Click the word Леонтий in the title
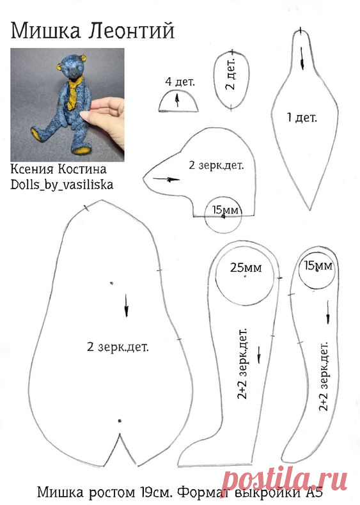[x=131, y=31]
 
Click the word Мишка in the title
[x=45, y=31]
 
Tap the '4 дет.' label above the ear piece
[x=180, y=81]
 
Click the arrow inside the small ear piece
[x=177, y=100]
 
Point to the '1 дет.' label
[x=302, y=117]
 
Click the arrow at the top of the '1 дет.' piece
[x=302, y=58]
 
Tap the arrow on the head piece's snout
[x=166, y=180]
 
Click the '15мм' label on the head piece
[x=225, y=210]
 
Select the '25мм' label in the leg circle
[x=246, y=267]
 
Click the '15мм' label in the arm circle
[x=318, y=265]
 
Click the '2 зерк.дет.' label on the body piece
[x=118, y=347]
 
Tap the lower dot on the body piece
[x=120, y=420]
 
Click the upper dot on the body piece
[x=112, y=283]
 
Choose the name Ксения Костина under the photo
[x=59, y=169]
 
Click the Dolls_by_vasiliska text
[x=62, y=185]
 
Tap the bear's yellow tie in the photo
[x=74, y=91]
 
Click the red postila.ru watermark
[x=286, y=478]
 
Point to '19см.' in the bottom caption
[x=156, y=492]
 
